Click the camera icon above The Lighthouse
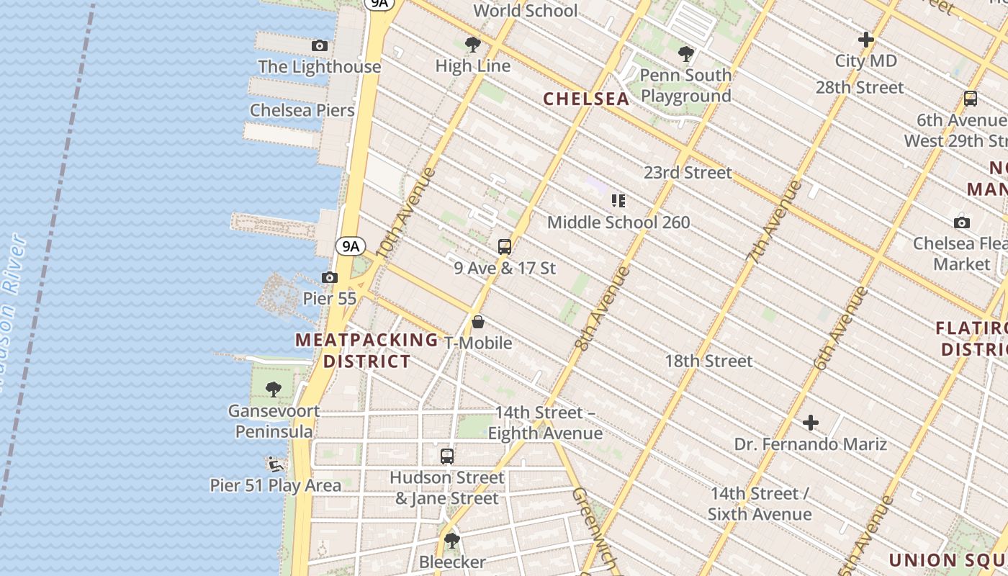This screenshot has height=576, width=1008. [320, 45]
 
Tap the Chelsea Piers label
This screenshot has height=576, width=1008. [302, 110]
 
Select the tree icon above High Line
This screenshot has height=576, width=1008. [473, 45]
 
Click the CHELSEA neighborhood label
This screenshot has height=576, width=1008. [586, 99]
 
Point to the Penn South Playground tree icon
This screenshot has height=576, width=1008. [686, 53]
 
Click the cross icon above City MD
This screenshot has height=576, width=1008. [866, 40]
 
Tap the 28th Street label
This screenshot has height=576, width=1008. [859, 87]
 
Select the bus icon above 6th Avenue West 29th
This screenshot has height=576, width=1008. [971, 99]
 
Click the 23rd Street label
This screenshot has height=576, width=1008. [688, 172]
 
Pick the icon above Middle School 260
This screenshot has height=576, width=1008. [618, 201]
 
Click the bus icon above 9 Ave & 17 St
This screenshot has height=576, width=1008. [505, 247]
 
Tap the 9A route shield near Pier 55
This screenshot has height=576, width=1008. [351, 246]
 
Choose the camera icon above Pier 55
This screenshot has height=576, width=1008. [330, 277]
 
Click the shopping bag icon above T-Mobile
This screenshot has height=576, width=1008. [478, 322]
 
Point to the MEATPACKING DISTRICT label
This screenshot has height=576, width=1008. [367, 350]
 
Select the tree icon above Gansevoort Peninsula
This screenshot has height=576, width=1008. [274, 390]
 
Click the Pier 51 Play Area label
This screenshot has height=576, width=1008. [276, 485]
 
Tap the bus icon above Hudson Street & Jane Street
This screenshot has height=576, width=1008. [447, 456]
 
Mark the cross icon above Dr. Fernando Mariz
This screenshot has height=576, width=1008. [811, 423]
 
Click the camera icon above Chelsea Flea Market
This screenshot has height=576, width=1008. [961, 222]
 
